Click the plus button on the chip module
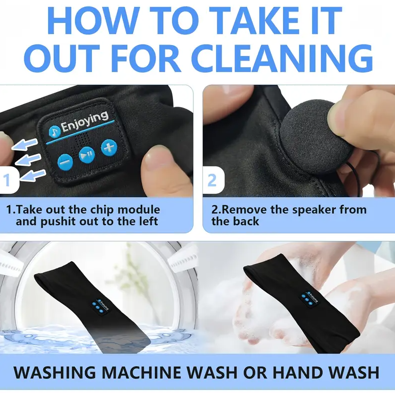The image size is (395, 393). click(109, 148)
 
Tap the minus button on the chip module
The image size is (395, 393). click(65, 162)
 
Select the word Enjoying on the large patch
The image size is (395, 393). click(85, 122)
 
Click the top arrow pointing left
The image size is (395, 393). click(24, 144)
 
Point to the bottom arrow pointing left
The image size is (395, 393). click(32, 175)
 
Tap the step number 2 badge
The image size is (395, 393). click(213, 180)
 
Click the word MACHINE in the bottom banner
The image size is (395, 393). click(145, 372)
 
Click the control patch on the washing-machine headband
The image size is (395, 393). click(100, 306)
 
